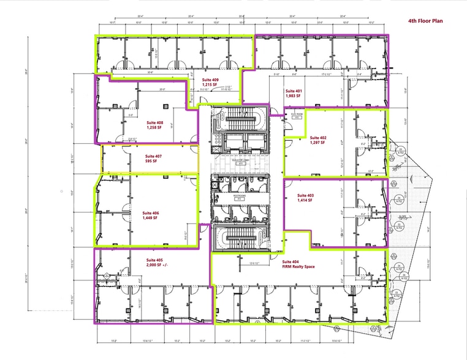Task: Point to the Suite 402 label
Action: (319, 138)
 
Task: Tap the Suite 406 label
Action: (134, 213)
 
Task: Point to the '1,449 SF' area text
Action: (134, 219)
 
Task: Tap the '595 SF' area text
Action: (151, 163)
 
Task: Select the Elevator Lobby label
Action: (243, 162)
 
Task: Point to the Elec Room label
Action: (294, 114)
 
